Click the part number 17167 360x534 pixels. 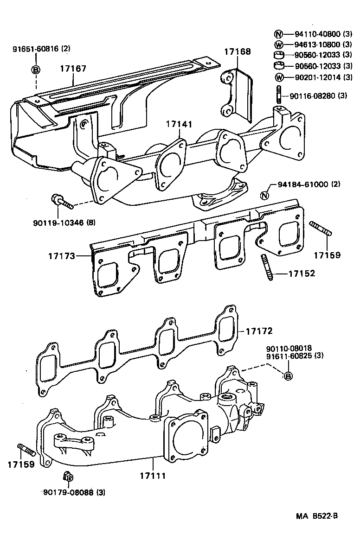pyautogui.click(x=73, y=69)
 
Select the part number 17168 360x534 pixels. pyautogui.click(x=238, y=51)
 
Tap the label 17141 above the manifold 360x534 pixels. pyautogui.click(x=179, y=124)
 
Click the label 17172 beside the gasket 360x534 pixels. pyautogui.click(x=258, y=331)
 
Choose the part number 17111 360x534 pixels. pyautogui.click(x=153, y=476)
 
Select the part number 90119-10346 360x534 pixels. pyautogui.click(x=65, y=222)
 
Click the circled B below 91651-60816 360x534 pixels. pyautogui.click(x=36, y=70)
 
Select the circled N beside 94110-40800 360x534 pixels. pyautogui.click(x=278, y=34)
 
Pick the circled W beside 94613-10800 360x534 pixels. pyautogui.click(x=278, y=44)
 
